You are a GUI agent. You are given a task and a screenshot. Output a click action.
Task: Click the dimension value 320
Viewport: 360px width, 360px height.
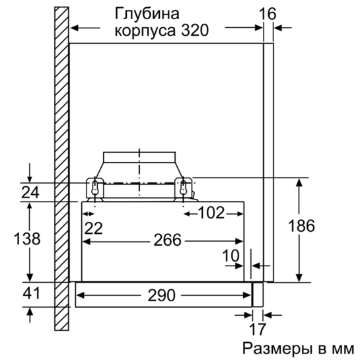click(195, 30)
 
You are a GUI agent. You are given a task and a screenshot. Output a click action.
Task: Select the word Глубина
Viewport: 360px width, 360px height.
click(147, 14)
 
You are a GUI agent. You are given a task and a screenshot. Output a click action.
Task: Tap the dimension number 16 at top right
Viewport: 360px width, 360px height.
click(268, 14)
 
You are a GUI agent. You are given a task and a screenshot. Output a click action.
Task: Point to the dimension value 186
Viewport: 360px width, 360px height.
click(301, 226)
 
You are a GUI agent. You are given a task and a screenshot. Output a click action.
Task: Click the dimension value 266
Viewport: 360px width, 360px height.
click(167, 240)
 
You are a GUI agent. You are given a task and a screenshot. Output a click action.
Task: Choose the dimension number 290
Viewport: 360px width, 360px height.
click(161, 295)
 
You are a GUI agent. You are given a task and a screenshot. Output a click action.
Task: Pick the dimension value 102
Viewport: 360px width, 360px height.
click(211, 213)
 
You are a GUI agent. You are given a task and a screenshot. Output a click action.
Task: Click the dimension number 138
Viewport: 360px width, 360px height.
click(27, 238)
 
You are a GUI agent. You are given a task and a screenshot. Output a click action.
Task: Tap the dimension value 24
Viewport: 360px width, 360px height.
click(30, 192)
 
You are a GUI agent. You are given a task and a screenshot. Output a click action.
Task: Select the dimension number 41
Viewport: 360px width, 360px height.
click(32, 293)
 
